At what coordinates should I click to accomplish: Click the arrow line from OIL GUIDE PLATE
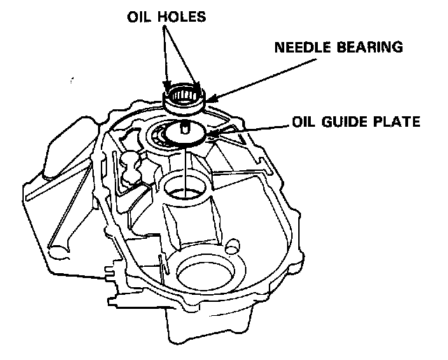[248, 127]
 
